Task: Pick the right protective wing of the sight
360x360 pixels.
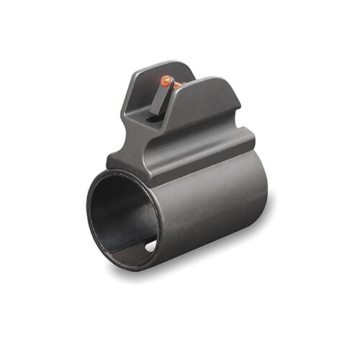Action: (209, 101)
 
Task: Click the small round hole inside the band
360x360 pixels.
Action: (150, 246)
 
